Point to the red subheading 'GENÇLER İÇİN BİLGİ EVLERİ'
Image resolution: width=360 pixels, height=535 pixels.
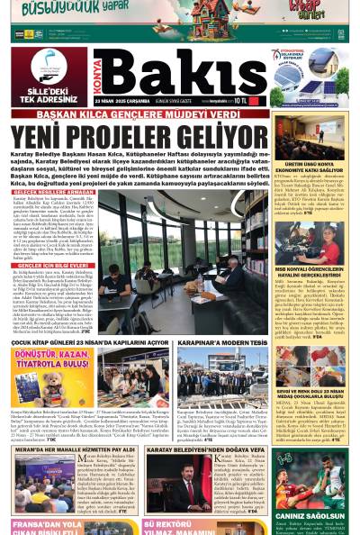click(x=46, y=264)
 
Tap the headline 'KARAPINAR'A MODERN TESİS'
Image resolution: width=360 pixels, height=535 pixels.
click(x=221, y=342)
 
